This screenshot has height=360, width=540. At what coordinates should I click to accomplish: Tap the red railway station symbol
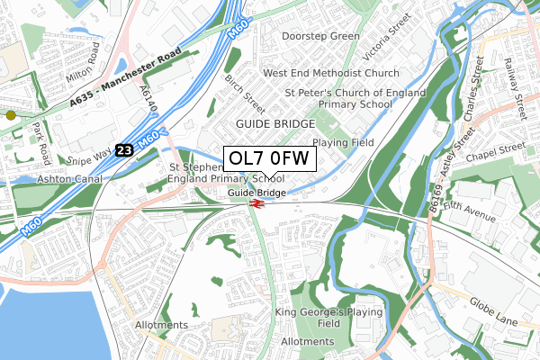(256, 203)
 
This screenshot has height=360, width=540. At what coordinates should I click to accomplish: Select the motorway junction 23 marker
(123, 151)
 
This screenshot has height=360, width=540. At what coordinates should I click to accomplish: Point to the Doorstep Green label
(320, 36)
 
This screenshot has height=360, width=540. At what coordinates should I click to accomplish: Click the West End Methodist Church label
(331, 73)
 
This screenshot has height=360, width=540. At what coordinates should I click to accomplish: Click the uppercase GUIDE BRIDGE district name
(275, 123)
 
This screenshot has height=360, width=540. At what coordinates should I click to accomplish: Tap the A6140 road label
(146, 97)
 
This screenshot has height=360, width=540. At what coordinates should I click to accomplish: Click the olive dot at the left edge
(11, 115)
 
